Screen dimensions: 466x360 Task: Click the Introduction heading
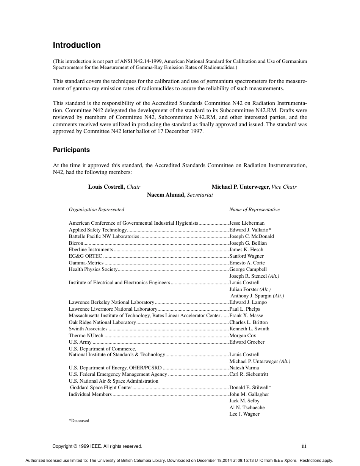coord(77,45)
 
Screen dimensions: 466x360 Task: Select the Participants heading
coord(71,150)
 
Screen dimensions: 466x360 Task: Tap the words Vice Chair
coord(284,187)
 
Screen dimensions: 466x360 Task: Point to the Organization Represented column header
coord(96,210)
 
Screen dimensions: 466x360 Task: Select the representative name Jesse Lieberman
coord(247,223)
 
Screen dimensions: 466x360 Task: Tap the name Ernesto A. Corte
coord(247,263)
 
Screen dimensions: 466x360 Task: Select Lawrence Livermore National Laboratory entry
coord(113,309)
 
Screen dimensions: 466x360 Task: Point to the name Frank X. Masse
coord(246,316)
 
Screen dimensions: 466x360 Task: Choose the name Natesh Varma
coord(244,368)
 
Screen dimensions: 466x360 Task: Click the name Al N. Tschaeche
coord(247,407)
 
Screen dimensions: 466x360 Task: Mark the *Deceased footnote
coord(79,421)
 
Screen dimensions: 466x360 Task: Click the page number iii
coord(304,446)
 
